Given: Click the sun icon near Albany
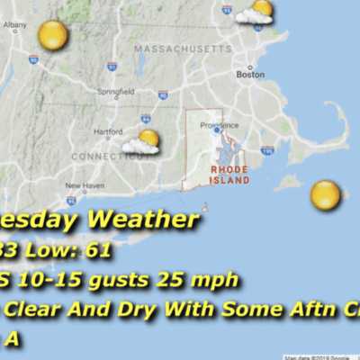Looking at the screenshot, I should (x=53, y=35).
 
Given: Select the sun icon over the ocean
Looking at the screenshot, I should (x=325, y=193).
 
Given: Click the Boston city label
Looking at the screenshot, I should (x=249, y=75).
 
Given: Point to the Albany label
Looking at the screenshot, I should (x=14, y=24).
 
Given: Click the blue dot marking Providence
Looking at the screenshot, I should (x=216, y=130).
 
